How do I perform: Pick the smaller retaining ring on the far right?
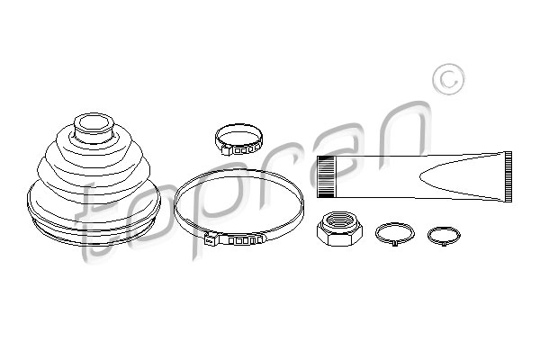(440, 235)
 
